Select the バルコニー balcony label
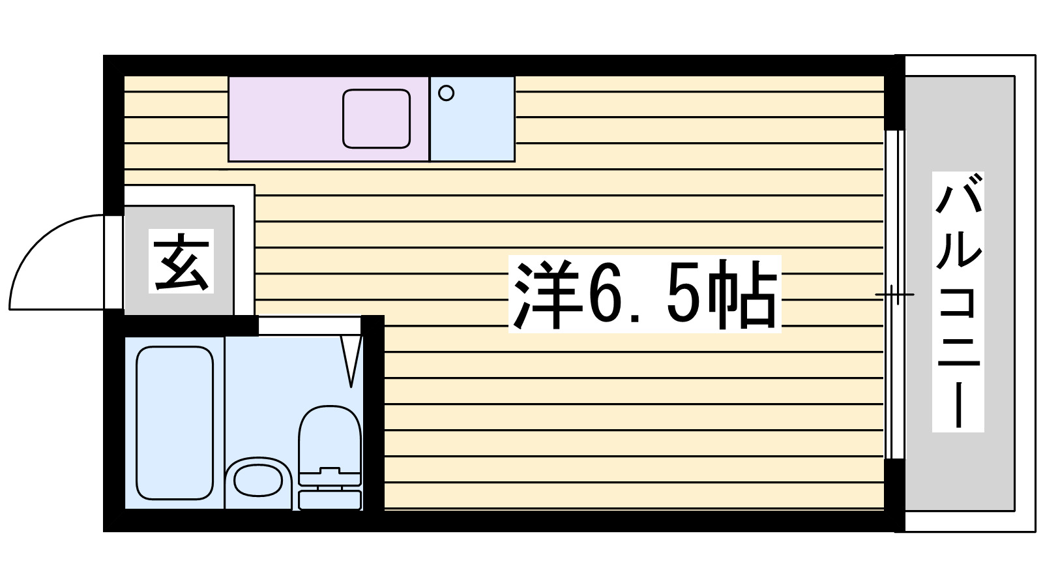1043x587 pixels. click(958, 302)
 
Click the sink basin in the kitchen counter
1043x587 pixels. click(376, 118)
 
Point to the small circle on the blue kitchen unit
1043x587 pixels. click(446, 93)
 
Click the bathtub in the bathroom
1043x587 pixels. click(175, 423)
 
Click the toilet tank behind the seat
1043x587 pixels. click(329, 500)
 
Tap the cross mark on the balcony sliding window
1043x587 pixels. click(894, 295)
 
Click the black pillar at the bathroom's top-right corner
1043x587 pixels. click(373, 326)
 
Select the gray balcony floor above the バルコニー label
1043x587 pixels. click(958, 124)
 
